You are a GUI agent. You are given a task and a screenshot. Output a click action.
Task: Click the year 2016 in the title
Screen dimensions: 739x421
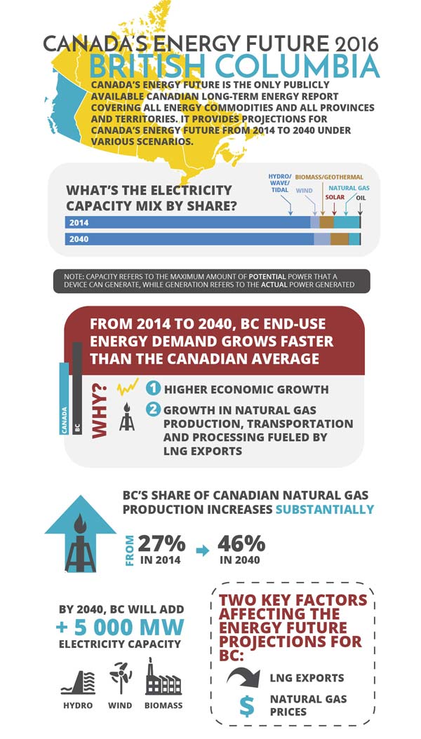click(x=351, y=43)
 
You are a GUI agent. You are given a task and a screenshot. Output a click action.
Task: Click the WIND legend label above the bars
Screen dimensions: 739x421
click(x=303, y=189)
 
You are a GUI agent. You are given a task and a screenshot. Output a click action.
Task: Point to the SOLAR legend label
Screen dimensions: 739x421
click(x=333, y=198)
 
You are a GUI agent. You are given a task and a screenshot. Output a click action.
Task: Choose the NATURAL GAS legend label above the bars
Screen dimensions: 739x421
click(x=349, y=188)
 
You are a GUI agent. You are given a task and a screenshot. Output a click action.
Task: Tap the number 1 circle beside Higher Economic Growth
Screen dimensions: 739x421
click(x=152, y=389)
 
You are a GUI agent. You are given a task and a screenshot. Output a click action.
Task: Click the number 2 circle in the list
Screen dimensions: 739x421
click(x=152, y=409)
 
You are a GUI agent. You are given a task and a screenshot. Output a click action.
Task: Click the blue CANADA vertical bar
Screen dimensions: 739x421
click(x=64, y=400)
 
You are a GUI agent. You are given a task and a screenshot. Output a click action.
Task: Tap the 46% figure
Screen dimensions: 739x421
click(x=241, y=543)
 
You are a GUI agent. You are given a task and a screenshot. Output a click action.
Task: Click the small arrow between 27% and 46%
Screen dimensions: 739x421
click(x=202, y=551)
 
